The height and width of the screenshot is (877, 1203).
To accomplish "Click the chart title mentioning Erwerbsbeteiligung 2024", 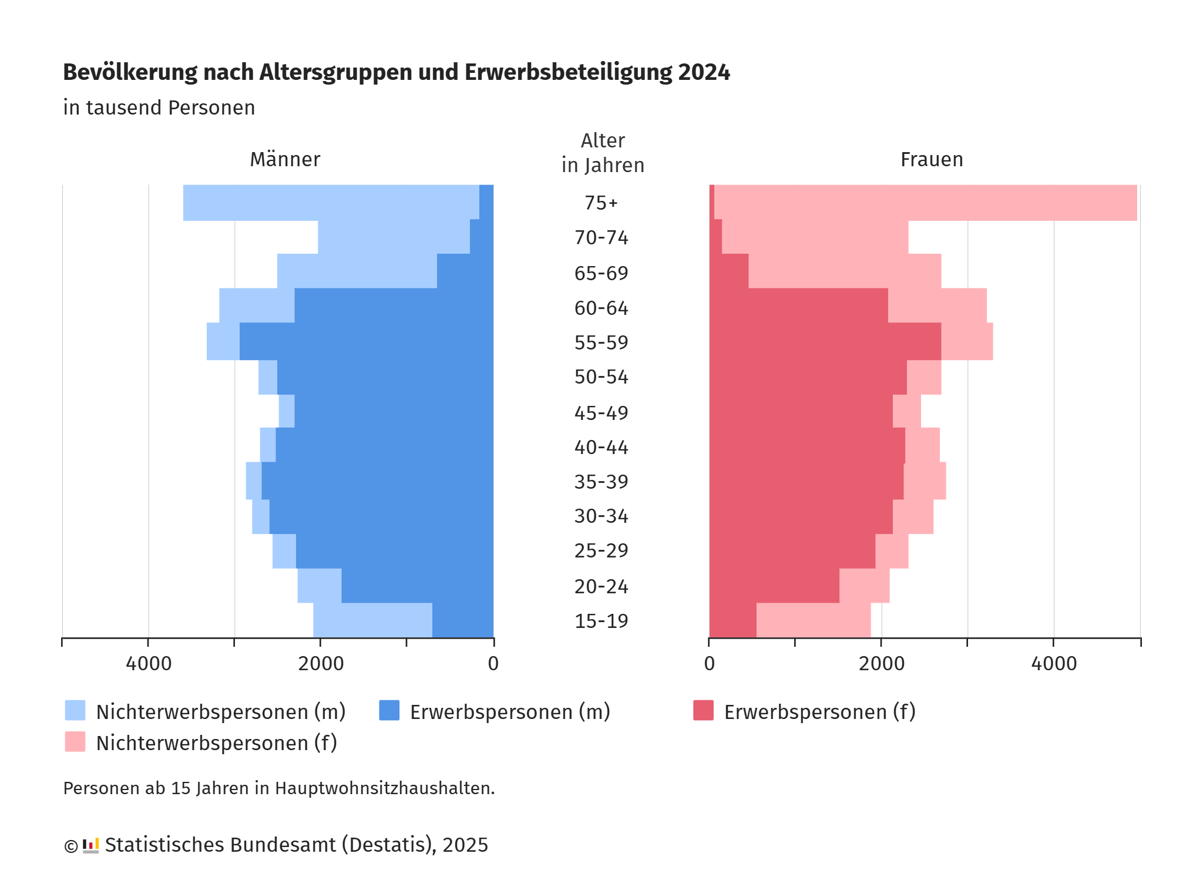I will (x=396, y=72).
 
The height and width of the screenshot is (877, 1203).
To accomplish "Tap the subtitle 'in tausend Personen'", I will (x=159, y=108).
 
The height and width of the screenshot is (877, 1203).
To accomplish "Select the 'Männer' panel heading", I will (x=285, y=159).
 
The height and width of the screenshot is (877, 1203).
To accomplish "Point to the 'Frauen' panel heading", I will (x=932, y=159).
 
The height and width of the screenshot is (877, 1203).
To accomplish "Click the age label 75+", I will (x=601, y=203).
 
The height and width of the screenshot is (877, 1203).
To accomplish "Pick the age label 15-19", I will (x=601, y=621).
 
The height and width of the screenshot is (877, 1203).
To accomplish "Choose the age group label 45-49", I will (x=601, y=413).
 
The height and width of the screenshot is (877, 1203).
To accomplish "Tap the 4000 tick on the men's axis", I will (x=149, y=664).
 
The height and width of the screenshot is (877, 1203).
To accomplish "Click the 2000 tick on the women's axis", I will (x=881, y=664).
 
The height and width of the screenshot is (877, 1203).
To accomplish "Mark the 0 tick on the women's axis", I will (x=710, y=664).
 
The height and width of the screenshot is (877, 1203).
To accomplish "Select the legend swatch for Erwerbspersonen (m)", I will (x=389, y=710).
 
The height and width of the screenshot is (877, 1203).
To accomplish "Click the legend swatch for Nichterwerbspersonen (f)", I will (x=75, y=742).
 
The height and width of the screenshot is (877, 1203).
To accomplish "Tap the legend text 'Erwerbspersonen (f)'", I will (x=819, y=712).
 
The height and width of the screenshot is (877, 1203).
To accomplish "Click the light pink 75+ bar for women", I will (x=925, y=203).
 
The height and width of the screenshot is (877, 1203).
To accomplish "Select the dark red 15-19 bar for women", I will (x=732, y=620).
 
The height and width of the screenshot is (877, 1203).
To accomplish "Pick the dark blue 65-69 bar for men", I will (x=465, y=271).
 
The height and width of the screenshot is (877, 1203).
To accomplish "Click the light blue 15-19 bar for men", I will (x=372, y=620).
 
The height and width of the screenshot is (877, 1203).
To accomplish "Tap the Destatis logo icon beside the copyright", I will (x=90, y=845).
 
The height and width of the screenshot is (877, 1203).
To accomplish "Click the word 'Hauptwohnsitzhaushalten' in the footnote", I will (x=384, y=788).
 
